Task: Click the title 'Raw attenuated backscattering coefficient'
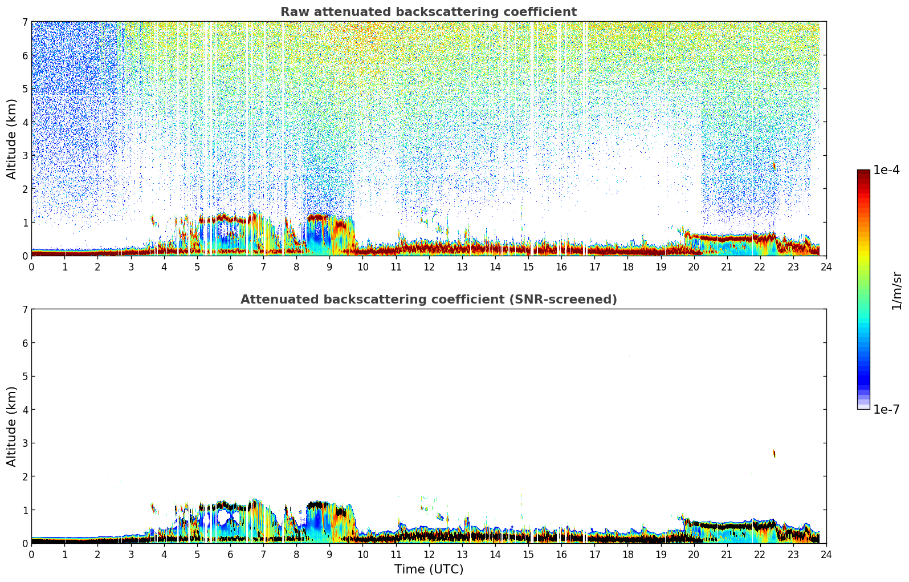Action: click(429, 12)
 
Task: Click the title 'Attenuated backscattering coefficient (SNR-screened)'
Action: click(429, 300)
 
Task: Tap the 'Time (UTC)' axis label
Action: click(429, 569)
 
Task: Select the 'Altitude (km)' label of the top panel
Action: click(12, 139)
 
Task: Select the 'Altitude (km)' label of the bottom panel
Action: click(12, 426)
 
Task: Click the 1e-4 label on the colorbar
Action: click(886, 170)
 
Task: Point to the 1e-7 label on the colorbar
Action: click(886, 410)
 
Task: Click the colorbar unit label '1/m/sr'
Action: click(896, 290)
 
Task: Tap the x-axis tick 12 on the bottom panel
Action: click(429, 554)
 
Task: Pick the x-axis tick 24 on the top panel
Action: click(826, 266)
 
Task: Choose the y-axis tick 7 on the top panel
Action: click(25, 22)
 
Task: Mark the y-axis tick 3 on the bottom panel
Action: click(25, 443)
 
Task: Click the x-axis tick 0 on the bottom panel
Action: click(31, 554)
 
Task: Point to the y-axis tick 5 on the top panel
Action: click(25, 89)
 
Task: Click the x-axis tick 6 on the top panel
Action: click(230, 266)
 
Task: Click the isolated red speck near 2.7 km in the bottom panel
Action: click(774, 453)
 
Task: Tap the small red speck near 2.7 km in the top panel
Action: click(774, 165)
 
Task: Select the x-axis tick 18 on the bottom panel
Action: click(627, 554)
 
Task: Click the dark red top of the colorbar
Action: click(863, 173)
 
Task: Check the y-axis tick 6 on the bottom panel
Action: click(25, 343)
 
